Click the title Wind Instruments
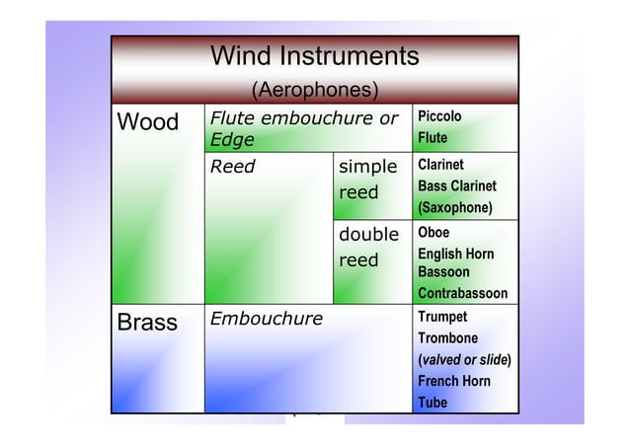[x=315, y=56]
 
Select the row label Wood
[x=148, y=123]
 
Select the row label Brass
[x=147, y=322]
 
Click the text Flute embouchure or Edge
[x=303, y=129]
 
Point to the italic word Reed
[x=233, y=167]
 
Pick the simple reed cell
[x=367, y=179]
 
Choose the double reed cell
[x=367, y=247]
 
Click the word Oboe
[x=433, y=233]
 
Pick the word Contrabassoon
[x=462, y=293]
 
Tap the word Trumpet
[x=442, y=317]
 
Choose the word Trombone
[x=446, y=338]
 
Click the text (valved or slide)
[x=464, y=359]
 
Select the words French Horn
[x=454, y=381]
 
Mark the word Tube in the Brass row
[x=433, y=403]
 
